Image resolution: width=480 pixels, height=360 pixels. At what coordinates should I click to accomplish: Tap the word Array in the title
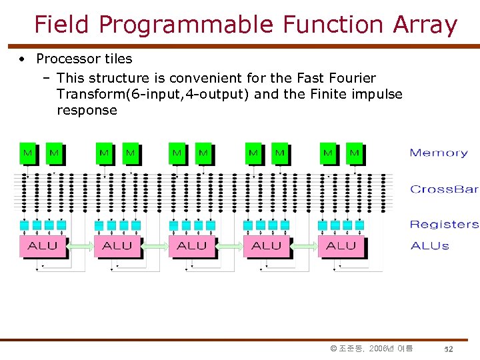[x=425, y=25]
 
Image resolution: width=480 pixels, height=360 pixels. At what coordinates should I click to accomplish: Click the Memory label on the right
[x=439, y=153]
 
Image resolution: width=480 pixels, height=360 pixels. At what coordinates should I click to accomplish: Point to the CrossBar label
[x=444, y=189]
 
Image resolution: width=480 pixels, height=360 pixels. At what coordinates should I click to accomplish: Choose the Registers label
[x=444, y=225]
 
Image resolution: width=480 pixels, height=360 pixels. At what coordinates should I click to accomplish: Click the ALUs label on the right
[x=430, y=246]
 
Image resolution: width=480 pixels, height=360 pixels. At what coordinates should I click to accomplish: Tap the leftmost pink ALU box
[x=43, y=245]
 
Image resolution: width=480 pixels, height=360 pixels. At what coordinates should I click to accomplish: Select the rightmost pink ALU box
[x=341, y=245]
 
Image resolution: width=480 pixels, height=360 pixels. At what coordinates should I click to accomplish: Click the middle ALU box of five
[x=192, y=245]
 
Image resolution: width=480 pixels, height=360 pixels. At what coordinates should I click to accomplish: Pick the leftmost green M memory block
[x=28, y=153]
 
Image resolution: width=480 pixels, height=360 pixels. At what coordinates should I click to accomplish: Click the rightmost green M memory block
[x=354, y=153]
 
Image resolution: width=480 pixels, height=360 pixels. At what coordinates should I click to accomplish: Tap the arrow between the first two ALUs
[x=80, y=246]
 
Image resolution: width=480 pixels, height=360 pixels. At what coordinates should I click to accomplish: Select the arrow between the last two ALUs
[x=304, y=246]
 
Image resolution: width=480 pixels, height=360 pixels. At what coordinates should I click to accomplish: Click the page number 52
[x=449, y=349]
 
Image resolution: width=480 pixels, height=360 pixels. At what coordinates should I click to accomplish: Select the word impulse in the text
[x=375, y=94]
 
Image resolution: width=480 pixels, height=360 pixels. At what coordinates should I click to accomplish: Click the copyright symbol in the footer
[x=333, y=349]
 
